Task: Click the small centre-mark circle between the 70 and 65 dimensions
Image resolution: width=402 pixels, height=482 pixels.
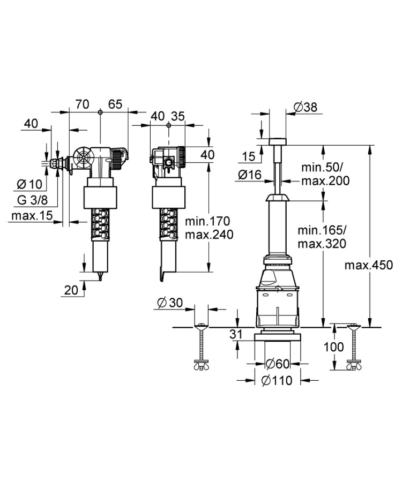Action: (100, 112)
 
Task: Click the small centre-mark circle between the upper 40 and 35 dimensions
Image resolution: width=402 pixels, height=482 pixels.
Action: (168, 125)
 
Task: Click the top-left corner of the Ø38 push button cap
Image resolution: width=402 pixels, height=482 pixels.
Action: (270, 139)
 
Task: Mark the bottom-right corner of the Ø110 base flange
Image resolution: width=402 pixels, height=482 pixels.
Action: (301, 342)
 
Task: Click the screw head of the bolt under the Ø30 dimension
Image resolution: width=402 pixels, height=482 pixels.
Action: (201, 326)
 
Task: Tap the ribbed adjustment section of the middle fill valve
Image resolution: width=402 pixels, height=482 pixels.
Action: (168, 223)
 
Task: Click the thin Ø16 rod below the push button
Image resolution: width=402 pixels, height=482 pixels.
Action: (278, 178)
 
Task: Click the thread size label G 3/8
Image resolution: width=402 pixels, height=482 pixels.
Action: (33, 200)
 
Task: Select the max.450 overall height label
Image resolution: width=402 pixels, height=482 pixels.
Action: (368, 265)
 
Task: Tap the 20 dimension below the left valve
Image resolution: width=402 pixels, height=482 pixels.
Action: (71, 290)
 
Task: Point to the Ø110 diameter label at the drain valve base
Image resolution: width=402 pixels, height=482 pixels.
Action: (277, 381)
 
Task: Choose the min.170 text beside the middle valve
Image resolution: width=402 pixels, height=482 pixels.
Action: (207, 221)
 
